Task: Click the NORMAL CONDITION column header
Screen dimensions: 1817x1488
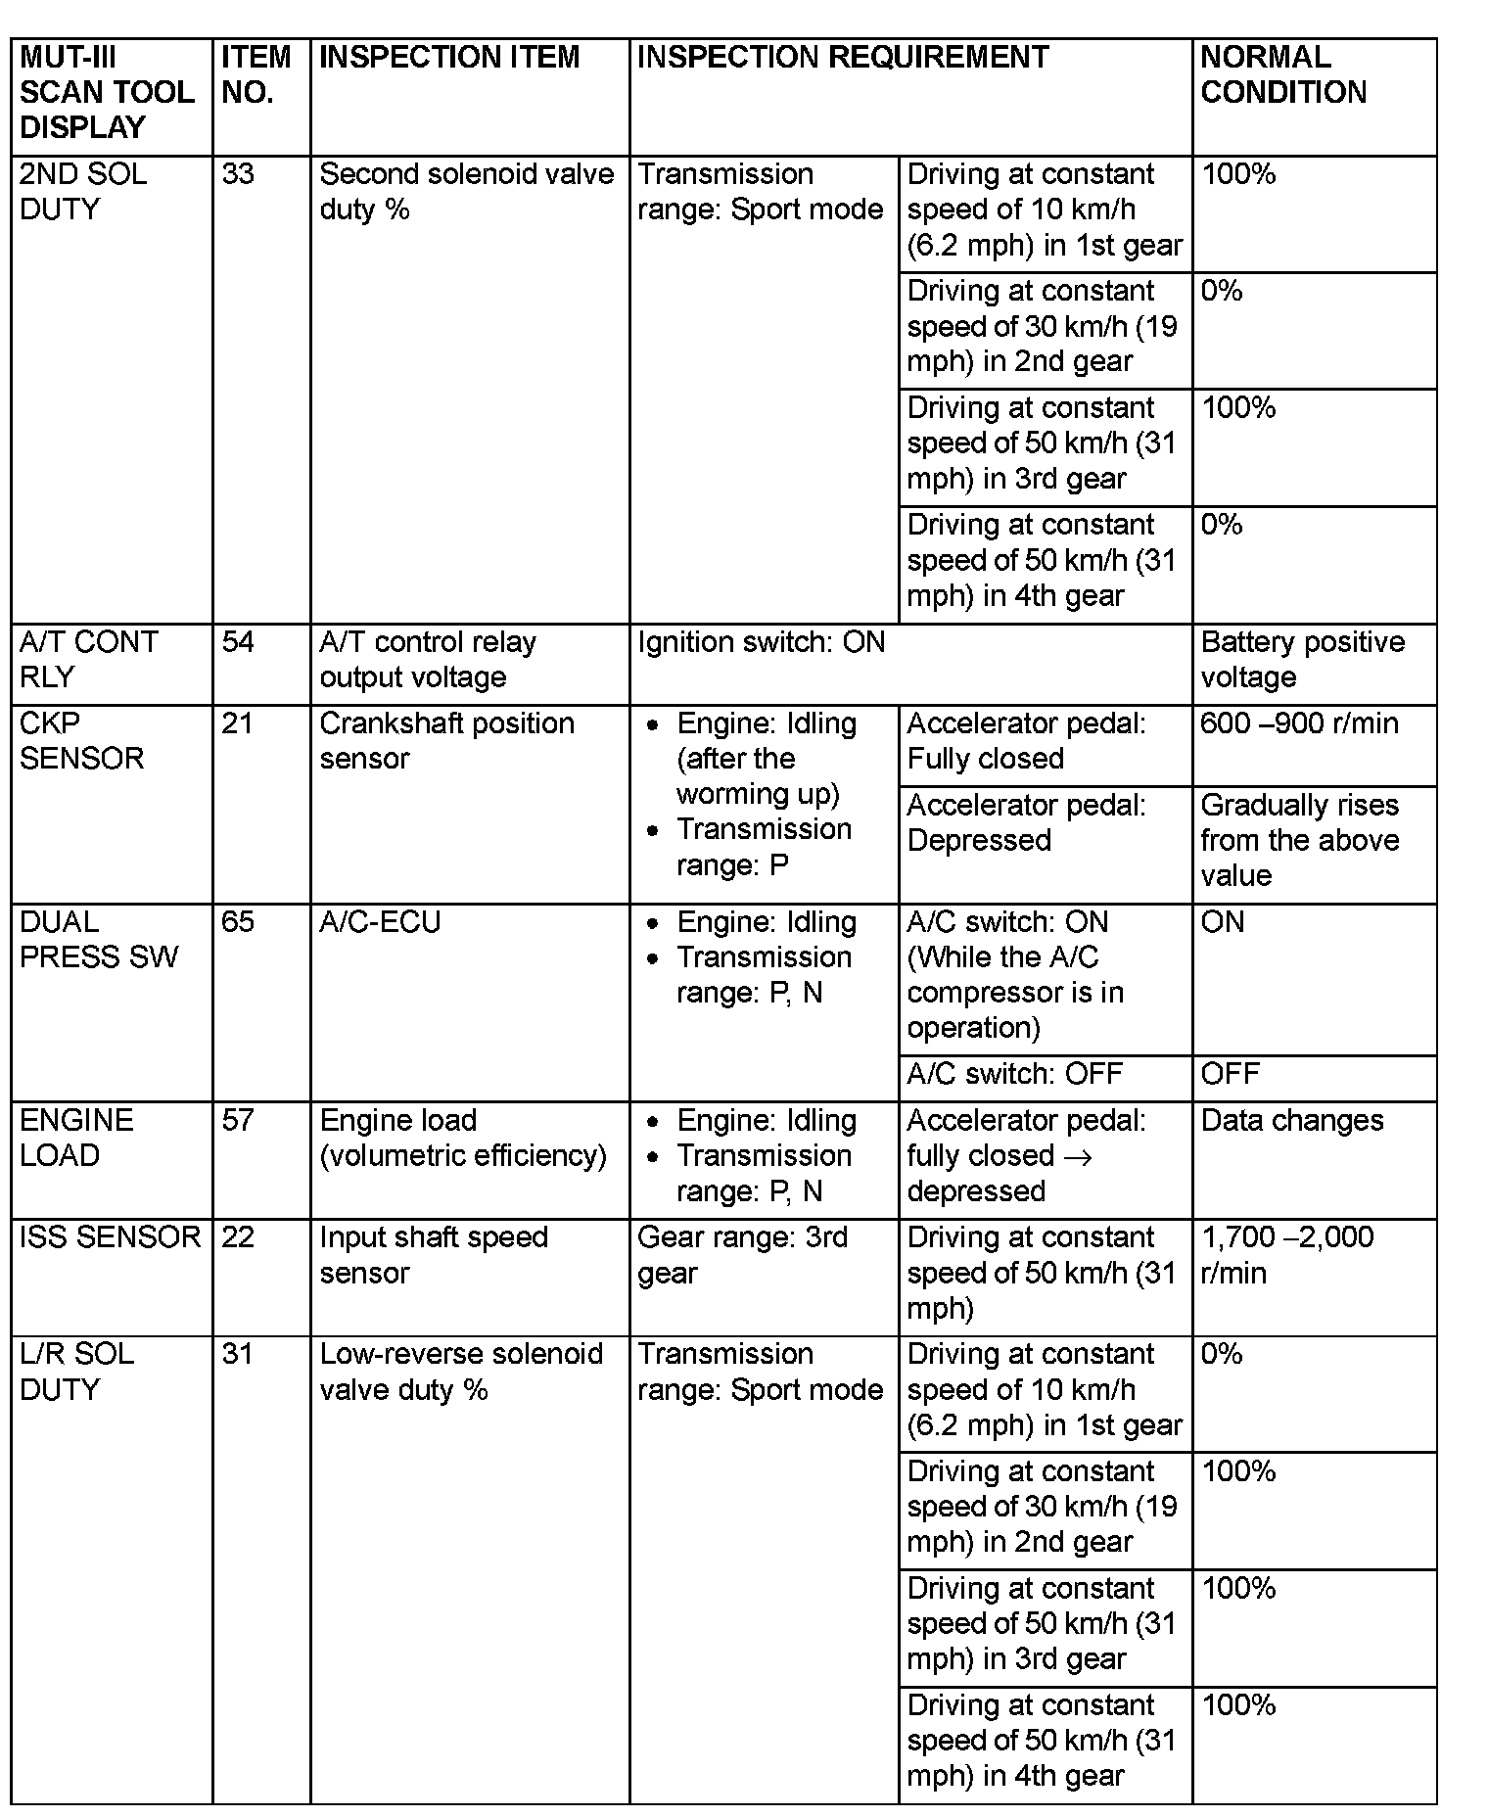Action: (x=1282, y=74)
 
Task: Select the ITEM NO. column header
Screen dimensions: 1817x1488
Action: (x=256, y=74)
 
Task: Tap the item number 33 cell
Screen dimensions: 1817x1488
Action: (x=238, y=174)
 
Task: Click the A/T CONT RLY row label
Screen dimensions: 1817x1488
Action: (x=88, y=659)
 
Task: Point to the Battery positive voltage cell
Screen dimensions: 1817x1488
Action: (x=1302, y=659)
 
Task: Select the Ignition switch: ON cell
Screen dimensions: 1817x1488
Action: (x=762, y=642)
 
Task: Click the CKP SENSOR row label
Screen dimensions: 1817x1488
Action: (x=81, y=741)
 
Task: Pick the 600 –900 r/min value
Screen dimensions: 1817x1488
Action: (x=1299, y=723)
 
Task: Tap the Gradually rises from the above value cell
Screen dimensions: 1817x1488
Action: (x=1299, y=840)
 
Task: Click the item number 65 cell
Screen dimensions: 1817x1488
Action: (x=238, y=922)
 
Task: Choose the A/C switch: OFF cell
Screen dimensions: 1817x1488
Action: (x=1014, y=1074)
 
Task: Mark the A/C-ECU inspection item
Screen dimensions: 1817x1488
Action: (x=380, y=922)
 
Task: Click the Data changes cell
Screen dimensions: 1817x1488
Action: (x=1291, y=1121)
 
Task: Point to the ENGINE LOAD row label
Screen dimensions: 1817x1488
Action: (x=76, y=1138)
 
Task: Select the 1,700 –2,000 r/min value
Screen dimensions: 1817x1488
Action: (x=1286, y=1255)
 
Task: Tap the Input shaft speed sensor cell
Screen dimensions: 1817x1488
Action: (x=433, y=1255)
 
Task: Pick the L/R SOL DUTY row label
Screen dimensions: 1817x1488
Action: (x=76, y=1372)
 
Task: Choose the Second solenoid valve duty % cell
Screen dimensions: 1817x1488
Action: (x=466, y=192)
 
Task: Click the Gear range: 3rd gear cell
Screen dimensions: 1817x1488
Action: (x=742, y=1255)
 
